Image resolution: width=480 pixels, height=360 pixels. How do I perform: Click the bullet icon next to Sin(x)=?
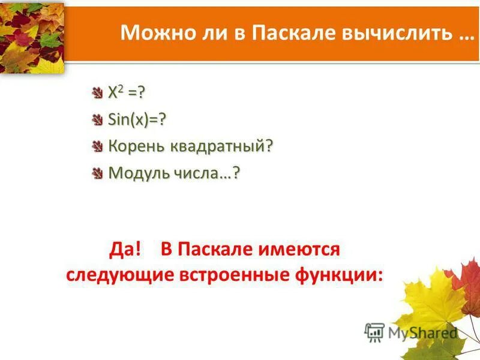pyautogui.click(x=98, y=120)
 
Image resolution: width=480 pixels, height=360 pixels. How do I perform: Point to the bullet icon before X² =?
pyautogui.click(x=98, y=94)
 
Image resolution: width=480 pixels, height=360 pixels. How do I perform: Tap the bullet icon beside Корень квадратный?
pyautogui.click(x=98, y=147)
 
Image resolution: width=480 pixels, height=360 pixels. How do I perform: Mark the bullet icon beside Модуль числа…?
pyautogui.click(x=98, y=173)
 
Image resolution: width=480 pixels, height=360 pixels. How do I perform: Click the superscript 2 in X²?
pyautogui.click(x=119, y=89)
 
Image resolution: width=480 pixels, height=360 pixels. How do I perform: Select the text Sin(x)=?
pyautogui.click(x=136, y=120)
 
